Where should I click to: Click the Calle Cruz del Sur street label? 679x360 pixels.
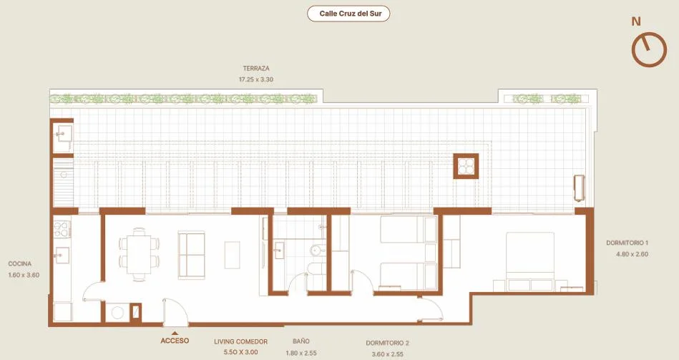pyautogui.click(x=351, y=14)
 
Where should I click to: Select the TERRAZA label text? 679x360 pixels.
pyautogui.click(x=256, y=69)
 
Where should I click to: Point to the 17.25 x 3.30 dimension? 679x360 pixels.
pyautogui.click(x=256, y=79)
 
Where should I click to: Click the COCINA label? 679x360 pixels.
pyautogui.click(x=20, y=263)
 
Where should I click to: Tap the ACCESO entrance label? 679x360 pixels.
pyautogui.click(x=175, y=341)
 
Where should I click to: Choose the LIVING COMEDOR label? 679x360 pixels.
pyautogui.click(x=241, y=341)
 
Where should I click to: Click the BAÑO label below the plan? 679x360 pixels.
pyautogui.click(x=301, y=341)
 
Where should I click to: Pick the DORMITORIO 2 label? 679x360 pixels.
pyautogui.click(x=388, y=343)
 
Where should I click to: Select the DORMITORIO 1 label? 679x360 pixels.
pyautogui.click(x=627, y=243)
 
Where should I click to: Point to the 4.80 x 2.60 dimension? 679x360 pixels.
pyautogui.click(x=632, y=254)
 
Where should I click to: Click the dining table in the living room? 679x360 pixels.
pyautogui.click(x=139, y=254)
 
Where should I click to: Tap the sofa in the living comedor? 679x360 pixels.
pyautogui.click(x=192, y=254)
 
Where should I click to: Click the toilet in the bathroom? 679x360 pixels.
pyautogui.click(x=316, y=251)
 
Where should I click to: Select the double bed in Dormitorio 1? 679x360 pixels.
pyautogui.click(x=530, y=262)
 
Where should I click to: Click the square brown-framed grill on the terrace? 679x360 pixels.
pyautogui.click(x=466, y=166)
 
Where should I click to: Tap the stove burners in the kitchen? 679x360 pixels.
pyautogui.click(x=62, y=229)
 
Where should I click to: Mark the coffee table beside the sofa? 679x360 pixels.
pyautogui.click(x=232, y=255)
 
